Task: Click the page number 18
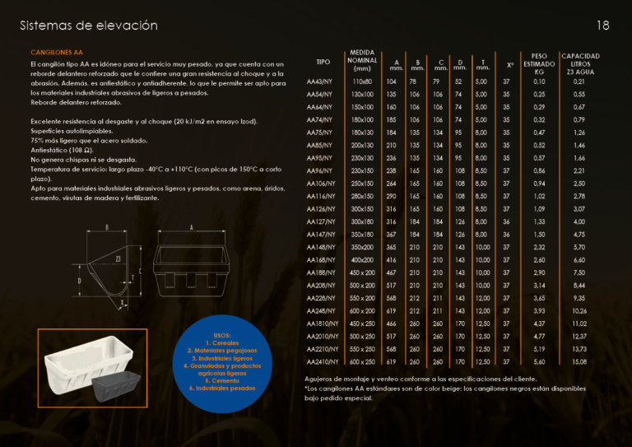point(602,26)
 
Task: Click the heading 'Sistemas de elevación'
point(88,26)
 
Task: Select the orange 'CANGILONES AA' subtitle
point(57,52)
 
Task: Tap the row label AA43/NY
point(319,81)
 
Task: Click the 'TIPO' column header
point(323,62)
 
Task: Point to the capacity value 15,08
point(579,361)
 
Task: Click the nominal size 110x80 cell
point(362,81)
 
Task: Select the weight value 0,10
point(539,81)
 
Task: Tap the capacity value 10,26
point(579,310)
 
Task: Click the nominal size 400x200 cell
point(362,259)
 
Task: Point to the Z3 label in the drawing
point(118,258)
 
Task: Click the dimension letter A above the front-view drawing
point(191,227)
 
